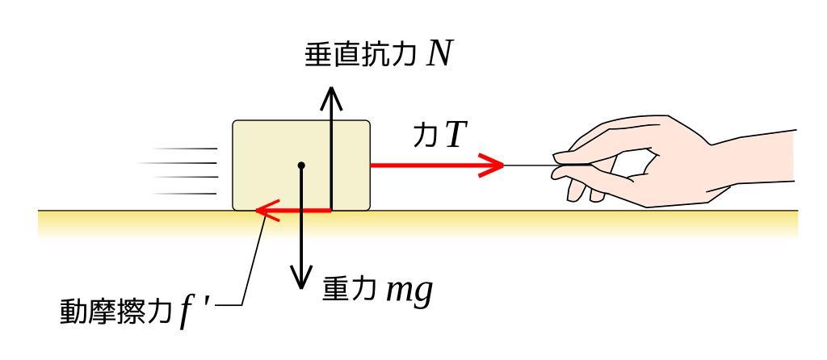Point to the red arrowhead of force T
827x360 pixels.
490,165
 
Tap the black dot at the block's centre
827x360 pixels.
301,165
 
